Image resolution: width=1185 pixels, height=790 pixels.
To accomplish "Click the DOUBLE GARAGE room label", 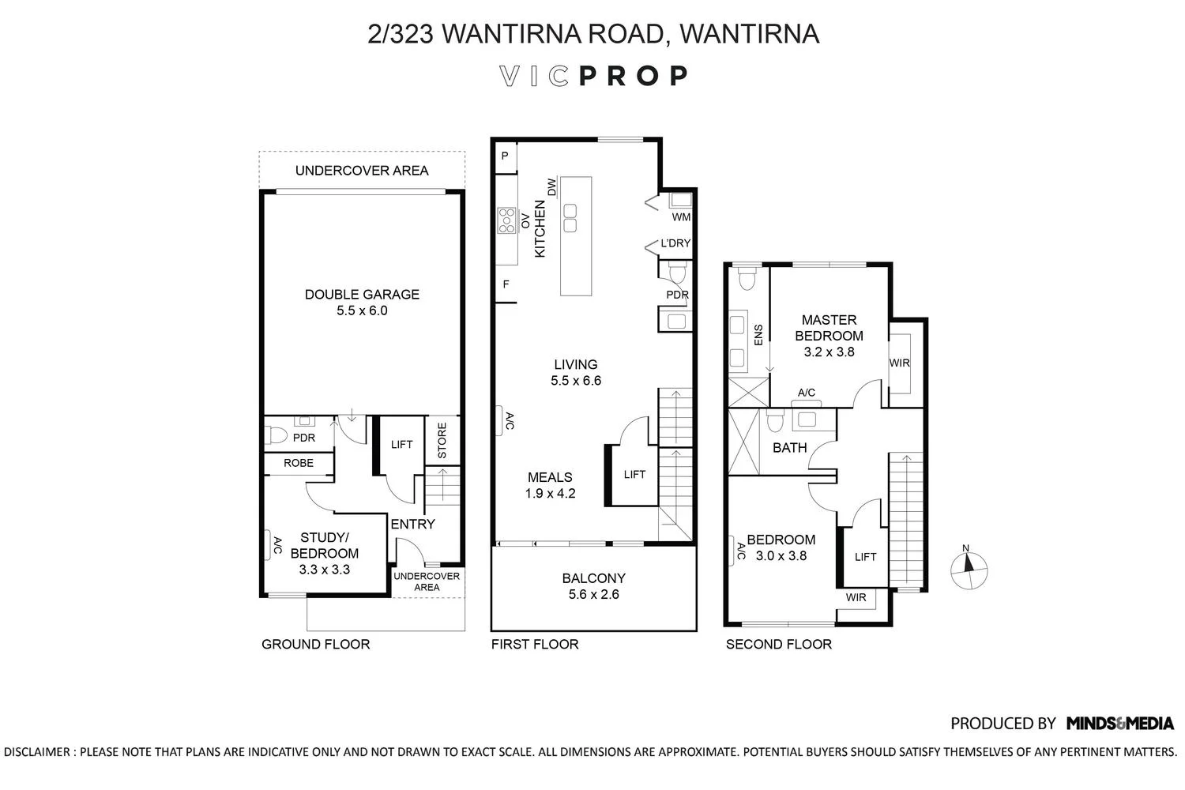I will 362,302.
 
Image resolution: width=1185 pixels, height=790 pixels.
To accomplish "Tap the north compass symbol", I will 969,566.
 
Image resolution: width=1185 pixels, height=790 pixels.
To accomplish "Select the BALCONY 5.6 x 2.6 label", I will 593,586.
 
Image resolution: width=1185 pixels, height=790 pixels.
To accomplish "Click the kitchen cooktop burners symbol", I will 506,220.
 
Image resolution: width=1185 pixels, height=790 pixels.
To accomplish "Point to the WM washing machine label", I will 681,216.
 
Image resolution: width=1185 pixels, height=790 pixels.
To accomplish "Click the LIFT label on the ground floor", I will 401,445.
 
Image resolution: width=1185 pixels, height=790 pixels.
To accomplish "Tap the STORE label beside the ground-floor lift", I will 442,440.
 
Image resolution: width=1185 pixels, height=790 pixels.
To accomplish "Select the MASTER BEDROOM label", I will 829,336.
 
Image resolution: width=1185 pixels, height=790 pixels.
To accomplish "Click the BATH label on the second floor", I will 789,448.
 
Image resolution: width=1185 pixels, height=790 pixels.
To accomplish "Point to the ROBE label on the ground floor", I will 298,463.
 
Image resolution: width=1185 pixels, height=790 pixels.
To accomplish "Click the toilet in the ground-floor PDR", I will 276,434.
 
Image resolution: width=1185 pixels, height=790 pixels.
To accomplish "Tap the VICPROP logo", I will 593,76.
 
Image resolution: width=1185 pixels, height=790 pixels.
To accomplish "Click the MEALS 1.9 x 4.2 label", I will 550,485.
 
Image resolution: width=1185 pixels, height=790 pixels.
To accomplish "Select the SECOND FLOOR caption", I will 778,644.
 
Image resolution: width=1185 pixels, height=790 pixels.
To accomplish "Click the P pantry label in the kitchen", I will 504,156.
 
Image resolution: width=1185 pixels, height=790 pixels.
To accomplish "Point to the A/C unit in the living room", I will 509,421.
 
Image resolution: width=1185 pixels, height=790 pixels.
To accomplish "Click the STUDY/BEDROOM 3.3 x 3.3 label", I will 324,553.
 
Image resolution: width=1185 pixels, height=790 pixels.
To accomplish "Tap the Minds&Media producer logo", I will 1119,723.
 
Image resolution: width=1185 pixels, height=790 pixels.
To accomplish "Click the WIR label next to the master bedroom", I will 899,363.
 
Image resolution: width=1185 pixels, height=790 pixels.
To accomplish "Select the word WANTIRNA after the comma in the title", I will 748,34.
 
